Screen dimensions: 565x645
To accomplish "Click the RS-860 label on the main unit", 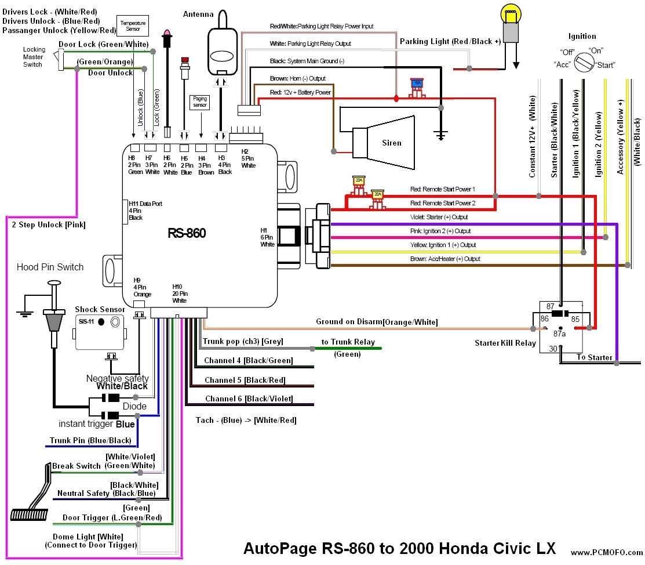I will coord(187,233).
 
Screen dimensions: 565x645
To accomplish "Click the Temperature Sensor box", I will coord(133,25).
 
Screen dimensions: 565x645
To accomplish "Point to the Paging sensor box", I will coord(199,102).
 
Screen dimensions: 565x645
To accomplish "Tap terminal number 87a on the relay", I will coord(559,334).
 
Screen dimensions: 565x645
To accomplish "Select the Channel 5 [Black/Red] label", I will coord(245,380).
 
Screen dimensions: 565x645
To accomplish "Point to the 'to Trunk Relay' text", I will coord(348,342).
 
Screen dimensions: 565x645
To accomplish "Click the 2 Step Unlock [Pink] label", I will coord(49,224).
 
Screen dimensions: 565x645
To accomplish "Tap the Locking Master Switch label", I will coord(33,57).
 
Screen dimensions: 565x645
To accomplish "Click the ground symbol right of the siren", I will coord(441,135).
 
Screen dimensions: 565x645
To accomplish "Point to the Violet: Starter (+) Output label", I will coord(439,217).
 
